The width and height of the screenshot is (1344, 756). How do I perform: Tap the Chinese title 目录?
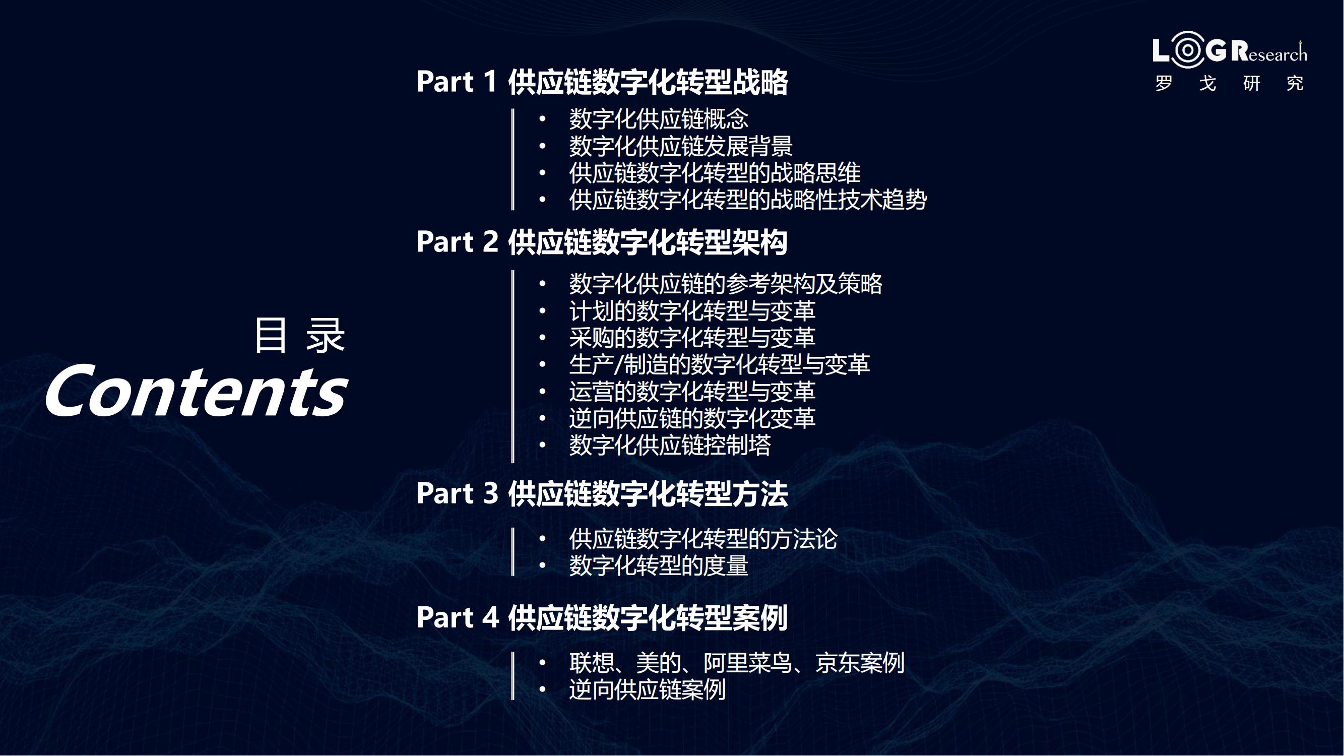(x=299, y=335)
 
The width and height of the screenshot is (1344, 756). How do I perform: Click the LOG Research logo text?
(x=1230, y=50)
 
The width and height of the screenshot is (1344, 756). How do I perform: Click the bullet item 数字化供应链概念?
(x=659, y=119)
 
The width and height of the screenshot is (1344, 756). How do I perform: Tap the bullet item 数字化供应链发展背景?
(x=681, y=146)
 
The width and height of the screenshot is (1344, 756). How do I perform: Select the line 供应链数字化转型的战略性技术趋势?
(x=748, y=199)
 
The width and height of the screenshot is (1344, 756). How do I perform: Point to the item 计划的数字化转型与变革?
(x=692, y=311)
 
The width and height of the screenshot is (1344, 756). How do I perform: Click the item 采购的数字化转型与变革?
(x=692, y=338)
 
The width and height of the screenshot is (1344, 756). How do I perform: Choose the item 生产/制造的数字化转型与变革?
(x=720, y=364)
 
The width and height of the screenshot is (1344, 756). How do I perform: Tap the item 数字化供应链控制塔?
(x=670, y=445)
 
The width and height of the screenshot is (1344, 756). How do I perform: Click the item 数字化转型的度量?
(x=659, y=565)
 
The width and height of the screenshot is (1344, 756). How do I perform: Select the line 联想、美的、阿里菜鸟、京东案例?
(x=737, y=663)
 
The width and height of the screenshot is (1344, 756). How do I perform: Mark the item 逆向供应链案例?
(x=648, y=690)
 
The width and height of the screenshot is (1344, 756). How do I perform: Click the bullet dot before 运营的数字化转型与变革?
(x=543, y=391)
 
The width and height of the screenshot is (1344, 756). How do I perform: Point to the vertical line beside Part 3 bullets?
(x=513, y=552)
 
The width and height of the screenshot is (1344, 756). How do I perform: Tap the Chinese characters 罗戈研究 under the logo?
(x=1230, y=83)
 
